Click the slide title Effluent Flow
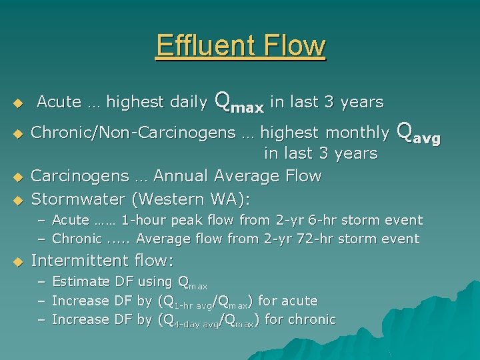coord(241,46)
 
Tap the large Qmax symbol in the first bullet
coord(239,101)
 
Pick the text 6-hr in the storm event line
coord(331,220)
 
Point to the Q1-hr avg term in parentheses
coord(190,302)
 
